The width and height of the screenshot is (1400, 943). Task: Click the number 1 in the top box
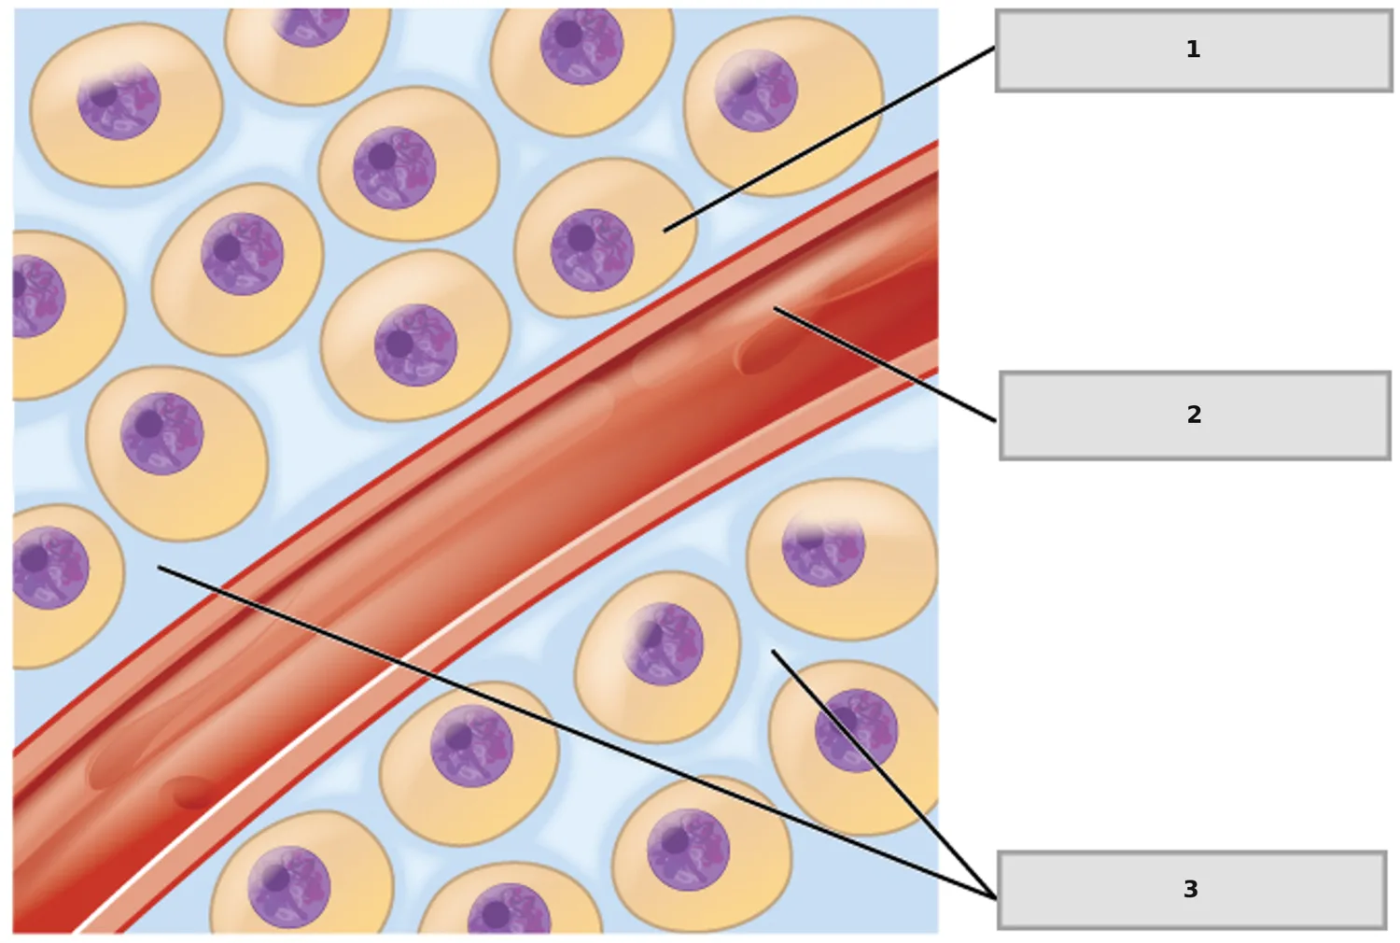point(1193,49)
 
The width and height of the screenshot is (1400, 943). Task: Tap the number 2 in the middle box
point(1194,415)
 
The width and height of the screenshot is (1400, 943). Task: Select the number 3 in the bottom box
point(1191,889)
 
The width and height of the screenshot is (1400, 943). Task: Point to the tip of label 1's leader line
point(665,232)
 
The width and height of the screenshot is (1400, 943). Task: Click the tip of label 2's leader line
point(775,308)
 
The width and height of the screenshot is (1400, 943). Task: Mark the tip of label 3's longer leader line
point(159,567)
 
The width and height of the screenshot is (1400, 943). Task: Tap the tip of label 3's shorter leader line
point(773,651)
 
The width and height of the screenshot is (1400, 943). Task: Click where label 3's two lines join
point(996,898)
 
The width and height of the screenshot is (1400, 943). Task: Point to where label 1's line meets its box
point(996,48)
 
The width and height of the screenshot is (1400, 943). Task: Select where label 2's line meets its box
point(997,421)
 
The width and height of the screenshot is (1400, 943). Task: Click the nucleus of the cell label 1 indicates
point(592,250)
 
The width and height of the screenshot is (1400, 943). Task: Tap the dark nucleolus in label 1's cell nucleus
point(581,238)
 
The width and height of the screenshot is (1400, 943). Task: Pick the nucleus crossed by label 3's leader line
point(856,730)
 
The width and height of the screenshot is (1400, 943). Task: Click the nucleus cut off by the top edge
point(311,26)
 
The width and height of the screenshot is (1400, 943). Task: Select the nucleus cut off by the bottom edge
point(509,908)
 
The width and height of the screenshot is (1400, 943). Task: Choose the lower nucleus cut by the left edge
point(50,568)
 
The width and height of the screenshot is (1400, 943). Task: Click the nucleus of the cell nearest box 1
point(756,91)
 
